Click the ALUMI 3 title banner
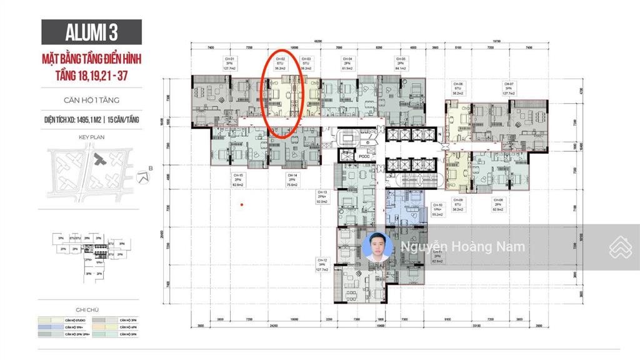point(91,32)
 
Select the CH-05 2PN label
point(400,64)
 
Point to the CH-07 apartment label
point(509,88)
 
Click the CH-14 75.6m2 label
point(292,180)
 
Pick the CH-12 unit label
point(322,264)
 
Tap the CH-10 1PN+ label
point(437,209)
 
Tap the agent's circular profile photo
point(377,246)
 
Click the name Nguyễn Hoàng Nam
point(462,246)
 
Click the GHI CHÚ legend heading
point(91,309)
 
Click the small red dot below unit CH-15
point(242,205)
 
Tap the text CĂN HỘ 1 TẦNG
point(91,99)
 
